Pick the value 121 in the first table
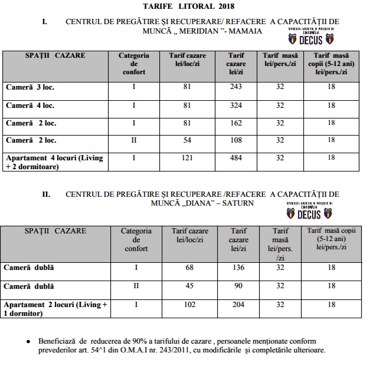pos(187,158)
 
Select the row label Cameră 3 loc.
pos(30,88)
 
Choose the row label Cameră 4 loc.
pos(30,106)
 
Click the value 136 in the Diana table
pos(239,268)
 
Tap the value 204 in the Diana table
pos(239,305)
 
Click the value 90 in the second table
pos(239,286)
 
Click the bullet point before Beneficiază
pos(28,342)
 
